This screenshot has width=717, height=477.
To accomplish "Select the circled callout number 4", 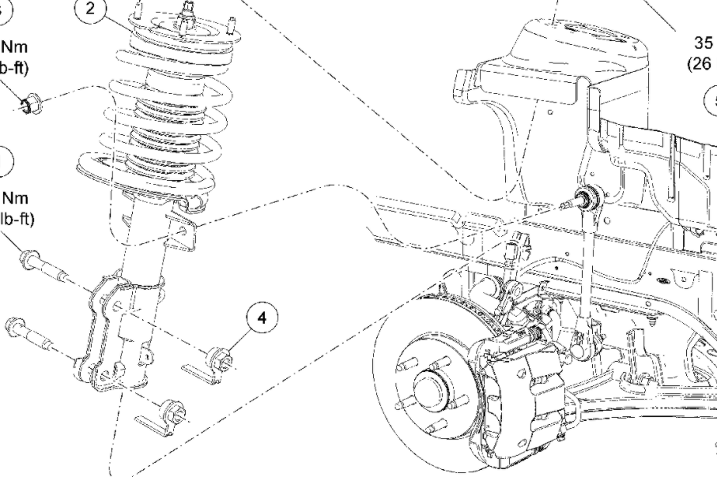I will pyautogui.click(x=262, y=317).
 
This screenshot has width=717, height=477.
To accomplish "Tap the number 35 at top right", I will pyautogui.click(x=702, y=45).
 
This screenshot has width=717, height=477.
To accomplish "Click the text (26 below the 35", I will pyautogui.click(x=700, y=65).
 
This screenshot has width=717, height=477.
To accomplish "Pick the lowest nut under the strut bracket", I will pyautogui.click(x=171, y=414).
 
